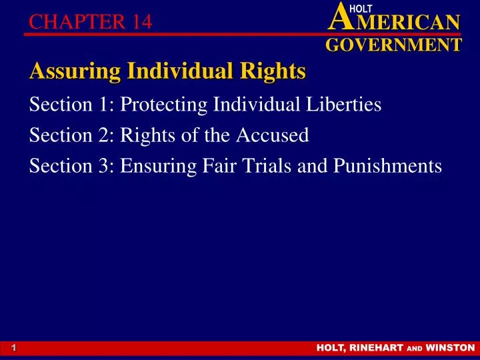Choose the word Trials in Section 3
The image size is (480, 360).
click(x=267, y=166)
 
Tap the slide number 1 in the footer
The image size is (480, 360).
click(x=13, y=348)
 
